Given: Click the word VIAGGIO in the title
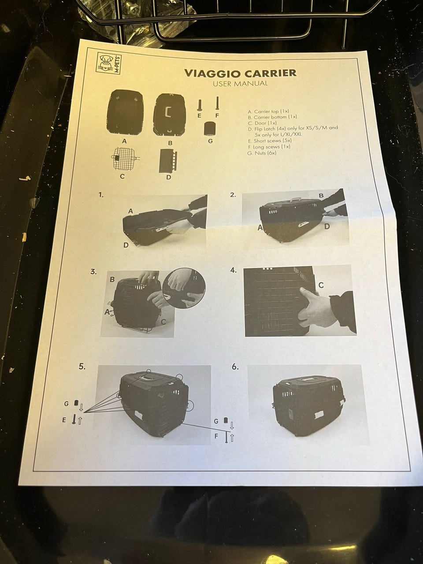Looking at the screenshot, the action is [212, 73].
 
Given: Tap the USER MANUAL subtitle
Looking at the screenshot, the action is [240, 84].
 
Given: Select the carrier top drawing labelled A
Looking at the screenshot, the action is [125, 112].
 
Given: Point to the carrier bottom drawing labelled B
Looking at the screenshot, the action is [170, 114].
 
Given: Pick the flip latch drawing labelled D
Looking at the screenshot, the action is [168, 161].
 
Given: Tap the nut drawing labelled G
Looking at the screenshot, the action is [210, 129].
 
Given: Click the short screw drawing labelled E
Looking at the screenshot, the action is [199, 105].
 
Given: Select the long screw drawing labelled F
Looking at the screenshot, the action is [217, 103].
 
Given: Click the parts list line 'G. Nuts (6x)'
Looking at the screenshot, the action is [261, 153].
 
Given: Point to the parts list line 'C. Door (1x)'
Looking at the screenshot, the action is [262, 123].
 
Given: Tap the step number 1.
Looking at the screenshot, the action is [101, 195].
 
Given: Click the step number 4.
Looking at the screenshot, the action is [233, 270].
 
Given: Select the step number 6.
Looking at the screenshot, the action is [235, 367].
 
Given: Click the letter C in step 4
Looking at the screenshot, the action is [321, 285].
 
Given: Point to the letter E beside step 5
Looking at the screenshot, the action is [64, 420].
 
